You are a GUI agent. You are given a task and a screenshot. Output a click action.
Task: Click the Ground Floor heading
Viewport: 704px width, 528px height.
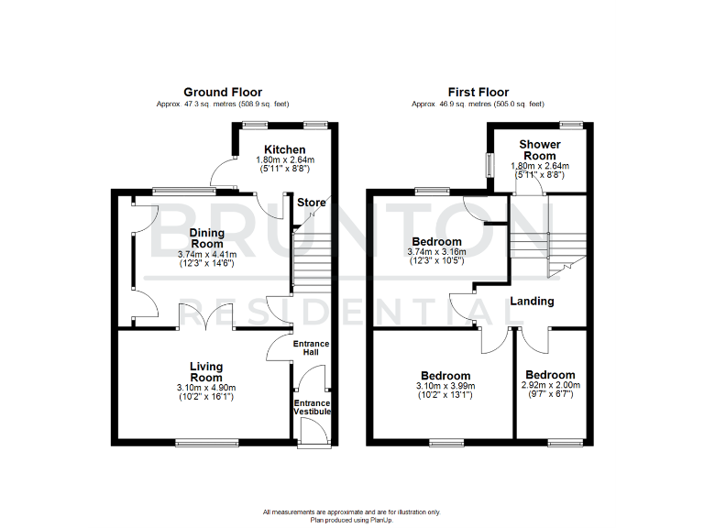[x=222, y=92]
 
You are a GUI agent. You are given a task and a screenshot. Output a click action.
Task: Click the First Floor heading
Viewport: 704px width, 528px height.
[x=477, y=92]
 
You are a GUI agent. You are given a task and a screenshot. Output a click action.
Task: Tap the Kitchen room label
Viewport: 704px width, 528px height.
[x=284, y=149]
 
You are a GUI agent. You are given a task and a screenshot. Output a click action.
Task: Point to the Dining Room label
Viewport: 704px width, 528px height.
[x=206, y=238]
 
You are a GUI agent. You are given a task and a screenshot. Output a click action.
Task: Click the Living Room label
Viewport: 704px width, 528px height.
[x=206, y=372]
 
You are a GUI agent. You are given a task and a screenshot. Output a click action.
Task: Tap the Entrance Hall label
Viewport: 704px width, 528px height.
[x=311, y=348]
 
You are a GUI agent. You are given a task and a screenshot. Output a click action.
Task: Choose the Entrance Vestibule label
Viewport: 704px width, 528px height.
[x=312, y=407]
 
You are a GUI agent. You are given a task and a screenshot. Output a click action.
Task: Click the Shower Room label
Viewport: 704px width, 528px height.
[x=540, y=150]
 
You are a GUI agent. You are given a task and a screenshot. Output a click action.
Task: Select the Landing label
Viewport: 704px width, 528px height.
[x=532, y=301]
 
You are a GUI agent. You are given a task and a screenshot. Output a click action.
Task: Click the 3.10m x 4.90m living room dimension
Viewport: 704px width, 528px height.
[x=206, y=388]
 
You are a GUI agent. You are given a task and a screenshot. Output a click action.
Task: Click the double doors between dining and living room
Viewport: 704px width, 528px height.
[x=206, y=316]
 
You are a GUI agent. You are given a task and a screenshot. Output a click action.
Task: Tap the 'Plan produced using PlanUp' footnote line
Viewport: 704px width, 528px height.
[x=351, y=519]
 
